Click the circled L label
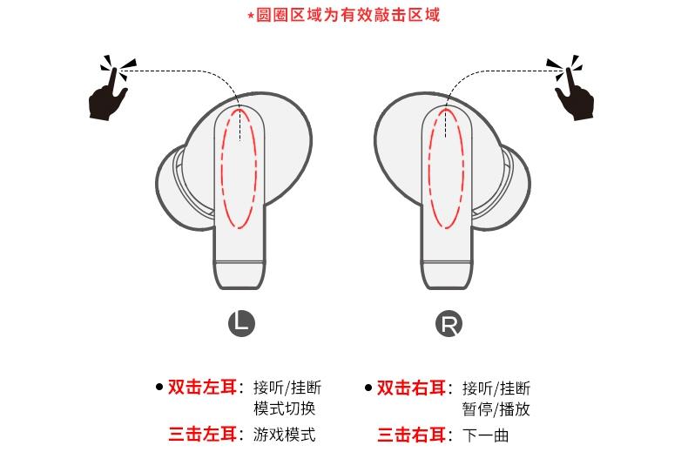pyautogui.click(x=241, y=323)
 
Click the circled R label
pyautogui.click(x=449, y=323)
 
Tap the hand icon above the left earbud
pyautogui.click(x=111, y=90)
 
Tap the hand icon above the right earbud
pyautogui.click(x=571, y=89)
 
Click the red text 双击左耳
pyautogui.click(x=202, y=387)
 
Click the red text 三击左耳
pyautogui.click(x=202, y=434)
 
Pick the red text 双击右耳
pyautogui.click(x=411, y=388)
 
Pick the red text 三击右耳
pyautogui.click(x=411, y=435)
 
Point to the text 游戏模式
pyautogui.click(x=284, y=435)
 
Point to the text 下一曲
pyautogui.click(x=485, y=435)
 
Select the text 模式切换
pyautogui.click(x=284, y=408)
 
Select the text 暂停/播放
pyautogui.click(x=496, y=409)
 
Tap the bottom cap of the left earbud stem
pyautogui.click(x=239, y=275)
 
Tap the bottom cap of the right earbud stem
pyautogui.click(x=447, y=275)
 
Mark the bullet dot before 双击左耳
pyautogui.click(x=159, y=387)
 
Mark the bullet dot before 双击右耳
pyautogui.click(x=368, y=388)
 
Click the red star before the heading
pyautogui.click(x=251, y=17)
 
